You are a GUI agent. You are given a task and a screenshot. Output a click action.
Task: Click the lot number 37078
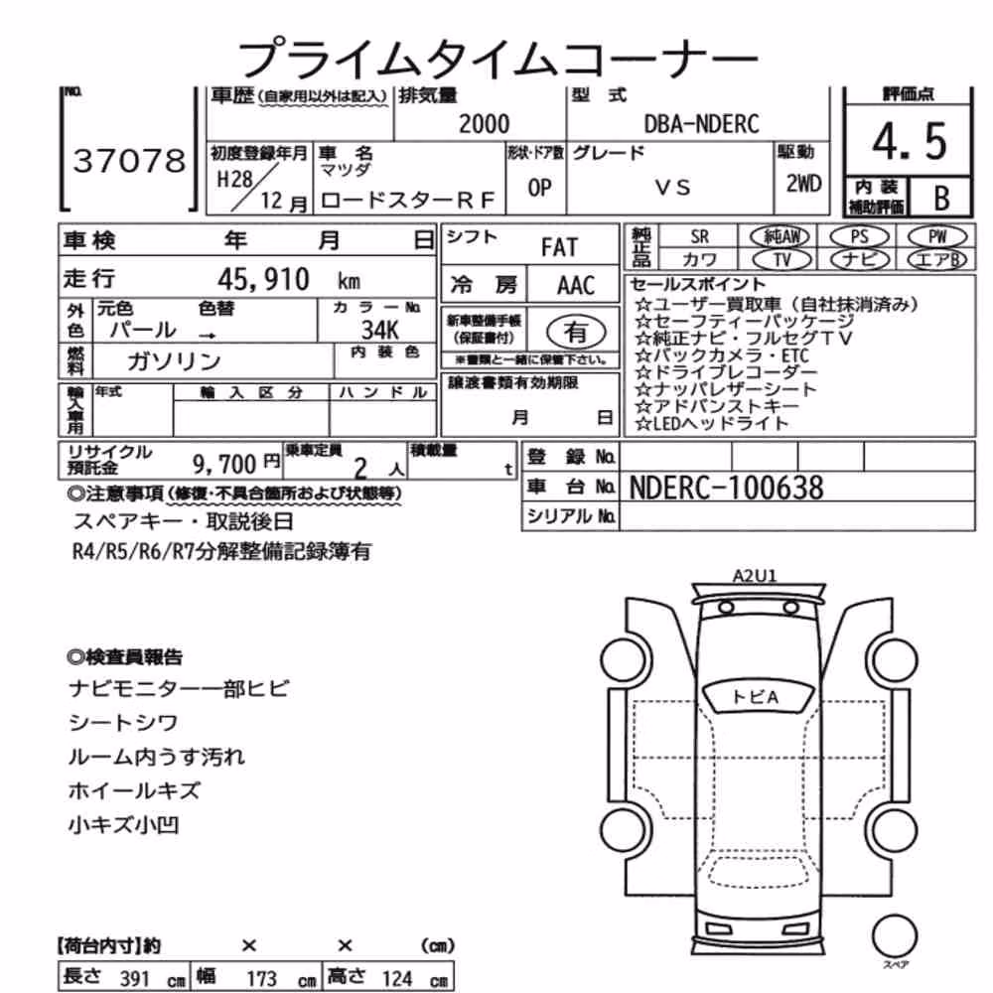click(130, 161)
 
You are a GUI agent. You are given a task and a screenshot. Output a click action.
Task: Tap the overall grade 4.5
click(909, 142)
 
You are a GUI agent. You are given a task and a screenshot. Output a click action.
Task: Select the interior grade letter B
click(941, 199)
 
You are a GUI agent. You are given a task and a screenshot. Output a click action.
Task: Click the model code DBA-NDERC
click(702, 124)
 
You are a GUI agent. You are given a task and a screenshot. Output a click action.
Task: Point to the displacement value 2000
click(484, 124)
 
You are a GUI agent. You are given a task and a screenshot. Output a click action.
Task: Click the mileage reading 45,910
click(263, 279)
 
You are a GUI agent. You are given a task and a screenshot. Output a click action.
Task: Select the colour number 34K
click(380, 330)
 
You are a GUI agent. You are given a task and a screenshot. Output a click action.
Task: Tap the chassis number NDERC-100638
click(727, 489)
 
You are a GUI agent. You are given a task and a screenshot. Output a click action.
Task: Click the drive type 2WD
click(803, 184)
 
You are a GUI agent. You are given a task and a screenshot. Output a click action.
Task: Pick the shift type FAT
click(559, 247)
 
